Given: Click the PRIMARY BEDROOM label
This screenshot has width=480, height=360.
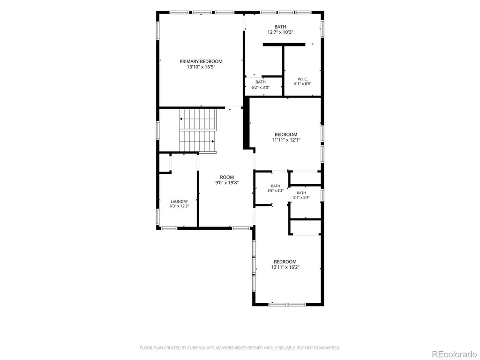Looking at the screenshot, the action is point(201,61).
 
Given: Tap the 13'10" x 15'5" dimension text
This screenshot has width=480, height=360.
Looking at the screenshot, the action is point(201,67).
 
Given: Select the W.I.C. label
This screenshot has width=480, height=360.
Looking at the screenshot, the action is point(303,79).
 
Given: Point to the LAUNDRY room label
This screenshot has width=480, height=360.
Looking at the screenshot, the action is point(180,202).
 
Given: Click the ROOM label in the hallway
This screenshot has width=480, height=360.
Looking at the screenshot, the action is point(227,177).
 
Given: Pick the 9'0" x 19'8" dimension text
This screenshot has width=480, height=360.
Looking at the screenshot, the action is point(227,183).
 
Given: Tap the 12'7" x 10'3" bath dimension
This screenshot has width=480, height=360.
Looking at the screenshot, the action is point(280,32).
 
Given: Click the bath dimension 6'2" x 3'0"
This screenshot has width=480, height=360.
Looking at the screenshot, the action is point(261,87).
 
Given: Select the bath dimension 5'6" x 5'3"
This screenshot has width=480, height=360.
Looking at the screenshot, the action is point(276,190).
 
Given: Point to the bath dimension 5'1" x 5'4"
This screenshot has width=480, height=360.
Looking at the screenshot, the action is point(301,197).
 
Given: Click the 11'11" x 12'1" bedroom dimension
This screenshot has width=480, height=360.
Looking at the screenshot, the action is point(286,140).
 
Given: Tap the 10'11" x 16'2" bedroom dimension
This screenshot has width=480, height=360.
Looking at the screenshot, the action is point(285,267).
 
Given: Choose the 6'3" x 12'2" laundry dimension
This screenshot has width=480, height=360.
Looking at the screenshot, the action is point(180,206).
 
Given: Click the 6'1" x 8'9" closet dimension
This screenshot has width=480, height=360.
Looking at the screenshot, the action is point(303,83).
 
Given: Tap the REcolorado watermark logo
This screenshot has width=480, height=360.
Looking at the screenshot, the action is point(454,354).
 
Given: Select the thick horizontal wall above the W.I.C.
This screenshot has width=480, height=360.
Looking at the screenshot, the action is point(284,45).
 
